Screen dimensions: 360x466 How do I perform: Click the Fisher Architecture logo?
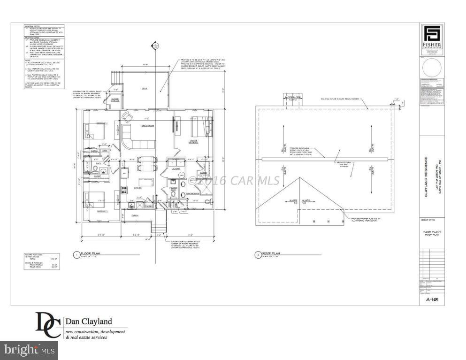pos(432,36)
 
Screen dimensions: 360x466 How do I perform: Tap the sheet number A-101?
pos(432,299)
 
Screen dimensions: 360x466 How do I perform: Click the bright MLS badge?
pos(29,350)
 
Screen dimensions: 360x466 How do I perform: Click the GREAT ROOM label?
pos(148,126)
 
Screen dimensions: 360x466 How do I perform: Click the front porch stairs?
pos(160,228)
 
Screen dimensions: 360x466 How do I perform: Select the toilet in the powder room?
pos(173,194)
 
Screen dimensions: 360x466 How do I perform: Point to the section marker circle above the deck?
pos(153,46)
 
